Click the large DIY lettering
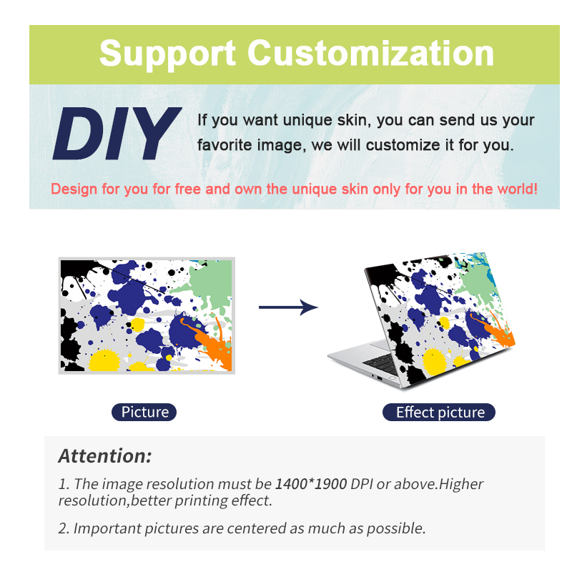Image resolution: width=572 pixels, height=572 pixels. (x=117, y=134)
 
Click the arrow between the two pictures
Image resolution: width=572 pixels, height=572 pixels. (x=288, y=307)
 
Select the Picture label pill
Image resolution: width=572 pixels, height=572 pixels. (x=144, y=413)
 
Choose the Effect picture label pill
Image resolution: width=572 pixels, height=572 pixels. (x=439, y=413)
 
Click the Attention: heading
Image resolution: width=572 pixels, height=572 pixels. (x=104, y=456)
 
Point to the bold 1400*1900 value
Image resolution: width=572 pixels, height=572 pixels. (x=311, y=484)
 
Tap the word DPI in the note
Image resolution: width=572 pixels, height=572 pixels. (x=362, y=484)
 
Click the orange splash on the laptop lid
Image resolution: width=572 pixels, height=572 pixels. (x=496, y=331)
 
